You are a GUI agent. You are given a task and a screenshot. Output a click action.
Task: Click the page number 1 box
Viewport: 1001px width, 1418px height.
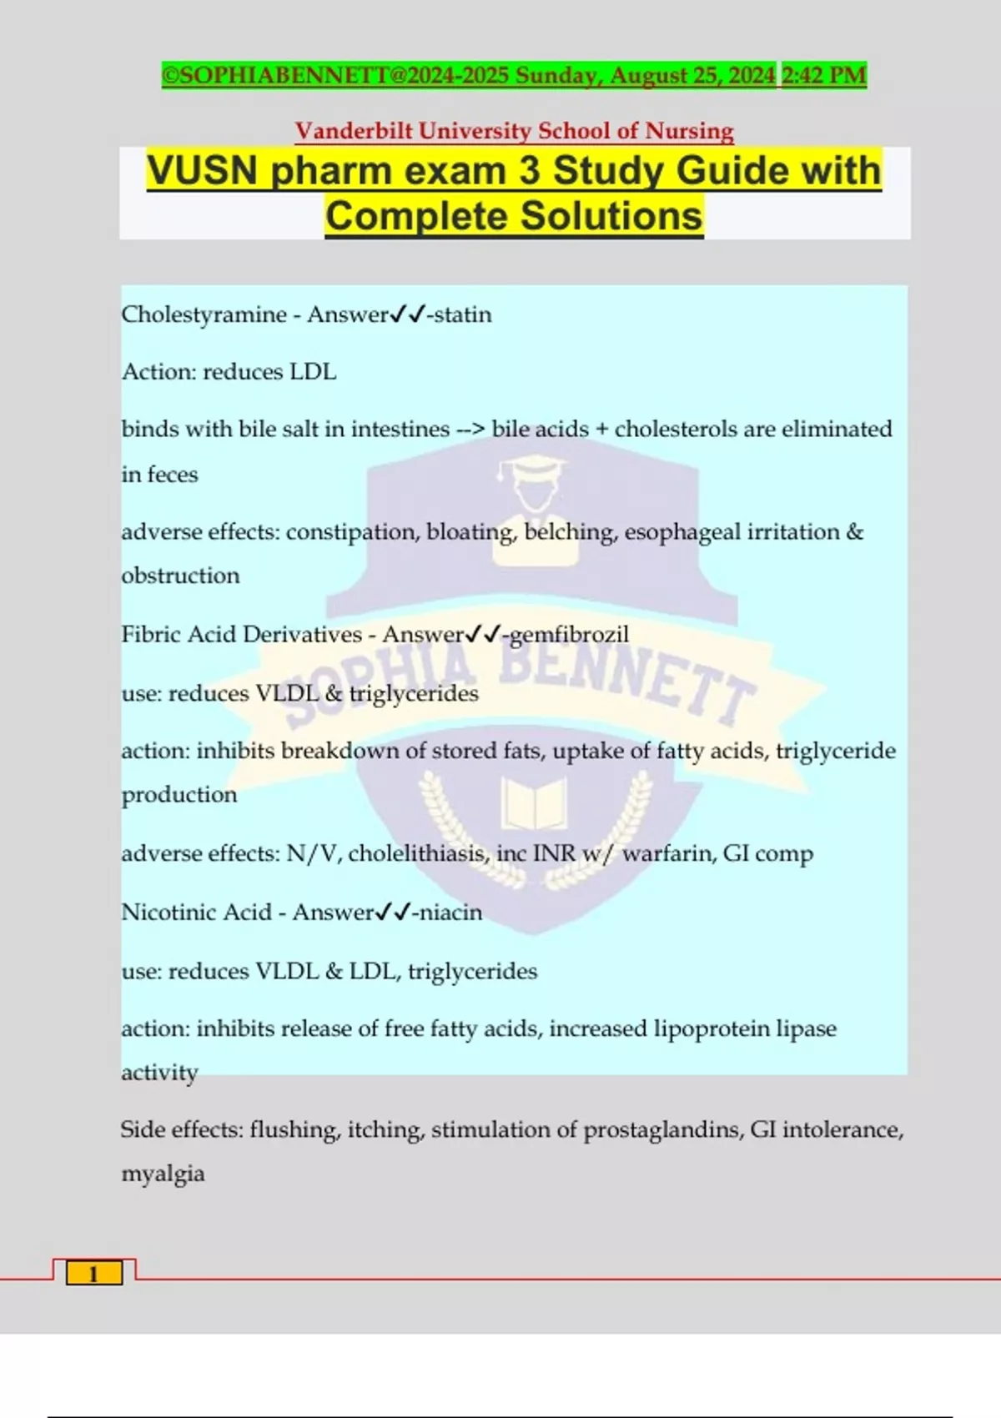coord(94,1273)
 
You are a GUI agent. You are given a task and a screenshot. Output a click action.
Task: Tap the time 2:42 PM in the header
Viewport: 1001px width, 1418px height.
coord(824,75)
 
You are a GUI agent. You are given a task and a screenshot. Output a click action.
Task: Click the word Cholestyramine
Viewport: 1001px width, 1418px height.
coord(204,314)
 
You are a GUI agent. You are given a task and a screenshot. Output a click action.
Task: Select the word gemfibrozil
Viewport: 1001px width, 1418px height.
coord(570,635)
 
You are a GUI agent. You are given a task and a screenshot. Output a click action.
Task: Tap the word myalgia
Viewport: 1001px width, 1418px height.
coord(163,1174)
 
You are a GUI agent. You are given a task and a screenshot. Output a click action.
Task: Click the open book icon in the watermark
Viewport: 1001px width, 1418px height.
coord(534,802)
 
